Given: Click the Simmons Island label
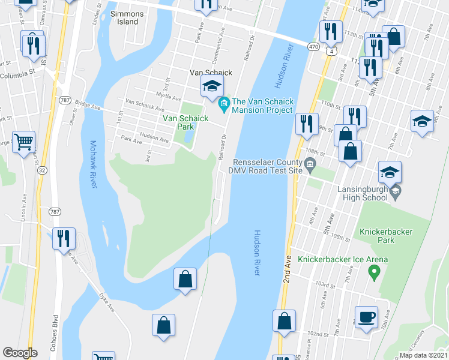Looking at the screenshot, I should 124,17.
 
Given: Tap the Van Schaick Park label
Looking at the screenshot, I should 185,123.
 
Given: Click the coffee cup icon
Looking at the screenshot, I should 366,316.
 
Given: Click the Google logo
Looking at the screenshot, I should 20,353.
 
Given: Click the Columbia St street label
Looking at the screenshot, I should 18,76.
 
